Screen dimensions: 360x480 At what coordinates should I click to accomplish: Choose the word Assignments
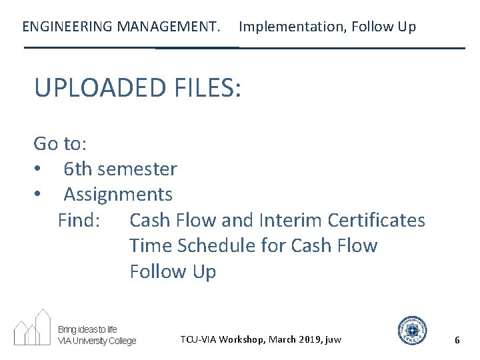click(x=118, y=195)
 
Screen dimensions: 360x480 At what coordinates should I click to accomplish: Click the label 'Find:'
click(x=79, y=220)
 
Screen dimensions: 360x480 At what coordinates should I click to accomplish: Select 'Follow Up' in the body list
click(x=173, y=271)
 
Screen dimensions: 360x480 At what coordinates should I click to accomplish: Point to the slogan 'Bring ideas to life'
click(x=87, y=329)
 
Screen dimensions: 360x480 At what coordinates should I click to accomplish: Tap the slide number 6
click(x=457, y=340)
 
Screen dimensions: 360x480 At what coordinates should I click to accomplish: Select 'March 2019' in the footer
click(x=291, y=340)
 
